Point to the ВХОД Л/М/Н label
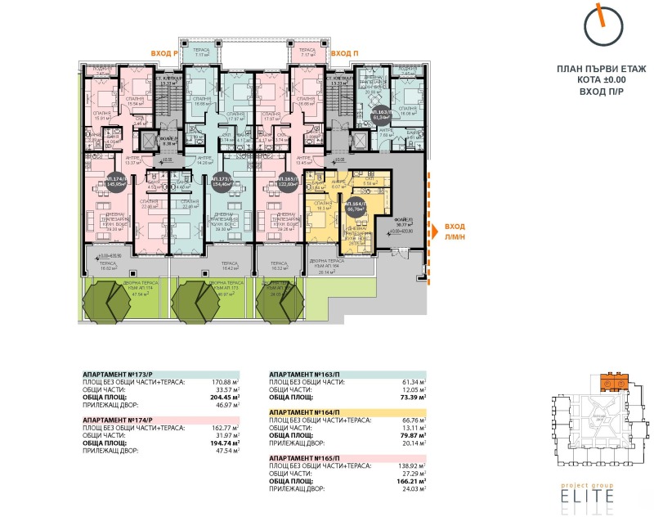(455, 233)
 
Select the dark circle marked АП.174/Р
(115, 182)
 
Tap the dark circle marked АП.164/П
(354, 207)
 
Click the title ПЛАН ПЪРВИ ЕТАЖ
(600, 71)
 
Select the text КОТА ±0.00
(600, 82)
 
